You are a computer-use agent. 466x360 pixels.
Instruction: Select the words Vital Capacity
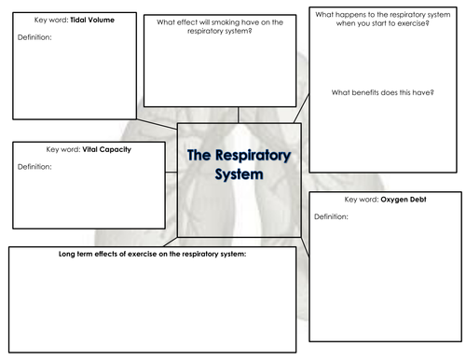coord(89,149)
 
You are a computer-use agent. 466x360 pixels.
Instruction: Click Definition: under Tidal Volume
coord(34,37)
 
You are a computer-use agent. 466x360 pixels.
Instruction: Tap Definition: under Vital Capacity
coord(34,166)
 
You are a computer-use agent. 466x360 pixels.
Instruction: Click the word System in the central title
coord(238,174)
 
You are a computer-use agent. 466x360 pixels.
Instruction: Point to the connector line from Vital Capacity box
coord(171,173)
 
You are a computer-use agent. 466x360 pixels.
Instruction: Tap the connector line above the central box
coord(239,114)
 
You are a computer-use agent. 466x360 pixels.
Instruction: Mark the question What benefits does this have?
coord(383,91)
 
